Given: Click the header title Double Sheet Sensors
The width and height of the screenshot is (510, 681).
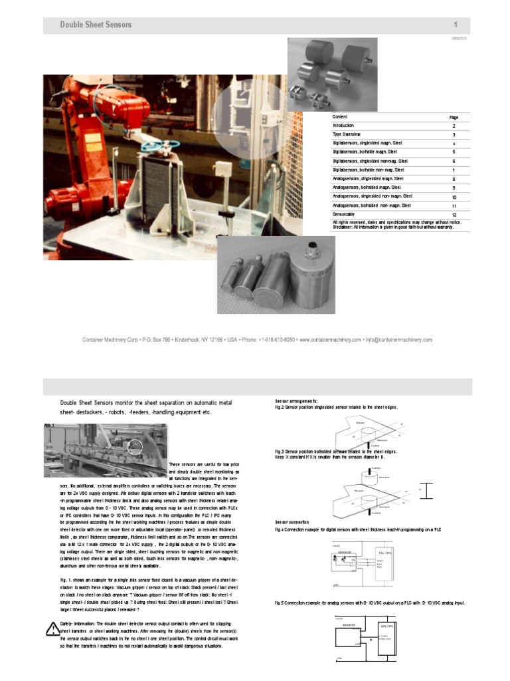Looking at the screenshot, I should coord(96,25).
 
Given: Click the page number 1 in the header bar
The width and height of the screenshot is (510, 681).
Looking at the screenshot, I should coord(456,25).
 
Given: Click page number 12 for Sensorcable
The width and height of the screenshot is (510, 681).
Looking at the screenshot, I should coord(454,215).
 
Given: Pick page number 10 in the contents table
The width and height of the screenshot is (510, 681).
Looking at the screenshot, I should coord(454,198).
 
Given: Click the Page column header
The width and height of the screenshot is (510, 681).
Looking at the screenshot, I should coord(454,117).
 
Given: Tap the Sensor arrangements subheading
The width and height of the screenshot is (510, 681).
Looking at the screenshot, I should coord(296,401).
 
